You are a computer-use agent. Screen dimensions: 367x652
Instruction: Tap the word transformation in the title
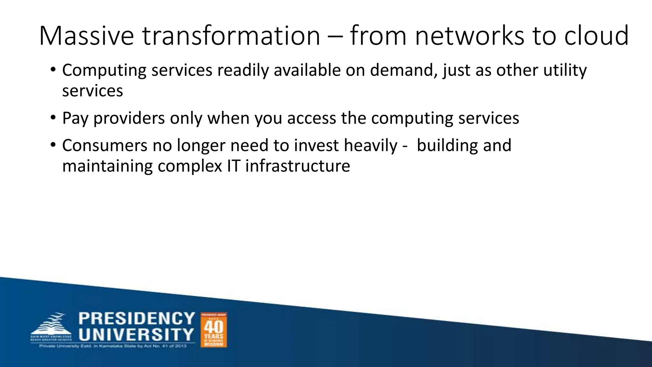pos(231,36)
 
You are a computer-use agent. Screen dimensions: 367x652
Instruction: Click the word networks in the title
pos(470,36)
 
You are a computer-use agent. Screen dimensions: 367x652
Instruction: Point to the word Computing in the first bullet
pos(104,71)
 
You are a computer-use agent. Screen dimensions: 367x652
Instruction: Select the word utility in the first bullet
pos(565,71)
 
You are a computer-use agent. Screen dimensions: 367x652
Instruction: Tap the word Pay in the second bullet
pos(75,119)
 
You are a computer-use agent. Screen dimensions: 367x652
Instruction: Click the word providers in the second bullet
pos(129,119)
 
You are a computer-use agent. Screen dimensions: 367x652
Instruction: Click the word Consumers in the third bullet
pos(105,146)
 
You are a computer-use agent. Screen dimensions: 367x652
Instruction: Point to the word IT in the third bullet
pos(233,166)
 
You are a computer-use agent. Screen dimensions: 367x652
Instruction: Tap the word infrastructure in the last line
pos(298,166)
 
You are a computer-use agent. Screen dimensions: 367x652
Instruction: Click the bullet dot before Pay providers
pos(53,118)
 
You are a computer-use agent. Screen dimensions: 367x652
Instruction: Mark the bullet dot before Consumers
pos(53,145)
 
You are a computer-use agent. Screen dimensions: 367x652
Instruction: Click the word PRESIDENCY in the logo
pos(137,319)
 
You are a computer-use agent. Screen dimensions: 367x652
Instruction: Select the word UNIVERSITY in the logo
pos(137,335)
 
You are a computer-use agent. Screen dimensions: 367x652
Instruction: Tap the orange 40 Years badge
pos(214,330)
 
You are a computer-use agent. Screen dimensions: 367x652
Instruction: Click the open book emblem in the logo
pos(51,325)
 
